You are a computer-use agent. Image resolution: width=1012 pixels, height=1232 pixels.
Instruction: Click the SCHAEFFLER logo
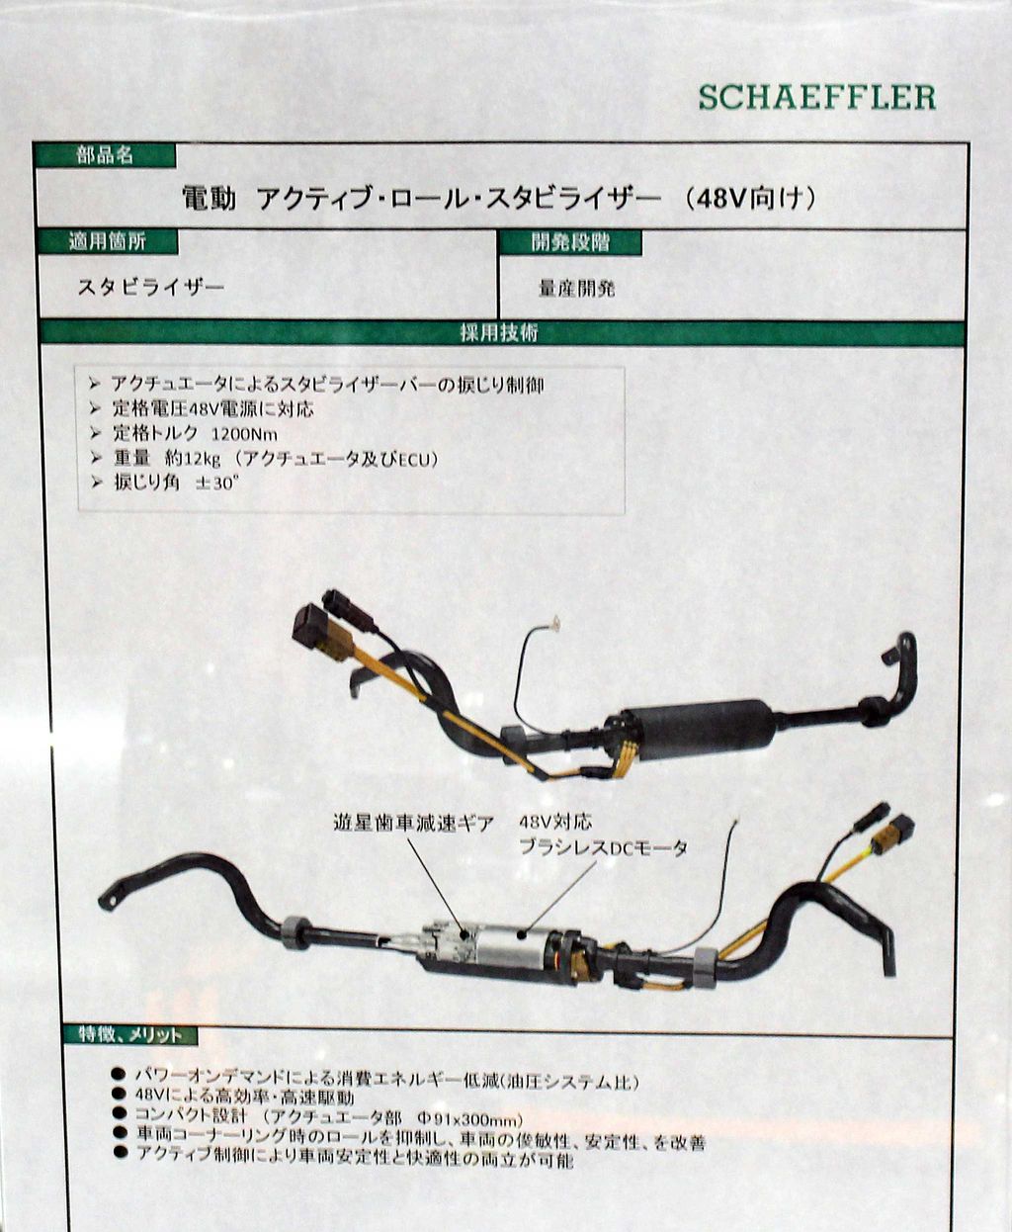[817, 98]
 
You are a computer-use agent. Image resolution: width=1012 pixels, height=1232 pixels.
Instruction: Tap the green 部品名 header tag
[105, 155]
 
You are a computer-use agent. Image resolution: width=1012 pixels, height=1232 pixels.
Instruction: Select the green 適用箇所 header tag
[108, 241]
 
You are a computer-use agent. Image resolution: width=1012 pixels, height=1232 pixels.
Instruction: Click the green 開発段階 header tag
[570, 242]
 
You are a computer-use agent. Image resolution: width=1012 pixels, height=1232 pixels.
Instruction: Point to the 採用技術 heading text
[499, 333]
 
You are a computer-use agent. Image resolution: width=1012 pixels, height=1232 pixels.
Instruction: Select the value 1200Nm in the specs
[244, 435]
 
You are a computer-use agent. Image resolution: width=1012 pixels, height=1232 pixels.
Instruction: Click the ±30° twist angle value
[217, 484]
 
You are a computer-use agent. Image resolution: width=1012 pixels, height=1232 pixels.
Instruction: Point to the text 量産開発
[576, 289]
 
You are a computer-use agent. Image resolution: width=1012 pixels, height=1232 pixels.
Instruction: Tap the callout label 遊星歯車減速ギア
[413, 824]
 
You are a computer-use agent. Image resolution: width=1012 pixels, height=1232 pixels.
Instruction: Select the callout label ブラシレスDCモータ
[603, 847]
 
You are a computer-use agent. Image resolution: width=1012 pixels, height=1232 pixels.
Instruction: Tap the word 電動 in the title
[209, 199]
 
